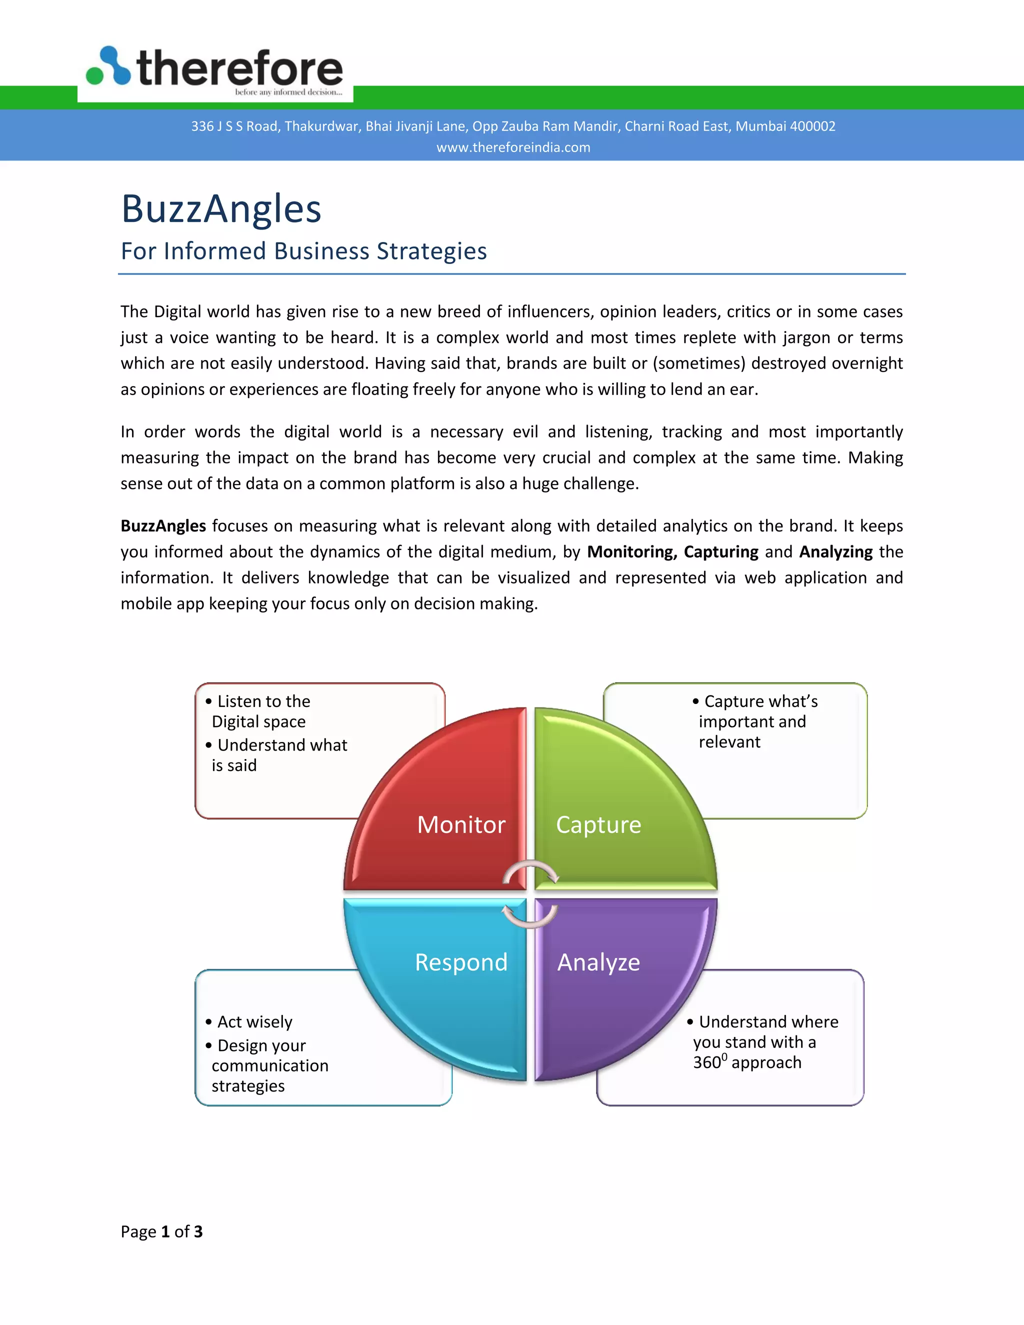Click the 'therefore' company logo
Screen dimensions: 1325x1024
click(215, 68)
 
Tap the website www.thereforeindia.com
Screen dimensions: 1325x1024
click(513, 147)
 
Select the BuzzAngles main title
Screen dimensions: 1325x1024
click(221, 208)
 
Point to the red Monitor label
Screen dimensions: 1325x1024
click(461, 825)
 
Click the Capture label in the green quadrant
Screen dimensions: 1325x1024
click(598, 825)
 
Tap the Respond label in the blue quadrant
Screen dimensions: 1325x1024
click(461, 962)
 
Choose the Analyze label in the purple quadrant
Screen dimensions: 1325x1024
click(598, 962)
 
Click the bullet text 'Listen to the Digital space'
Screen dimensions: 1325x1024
click(261, 711)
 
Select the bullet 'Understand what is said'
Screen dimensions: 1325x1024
click(279, 754)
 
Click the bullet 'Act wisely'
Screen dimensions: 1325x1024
click(255, 1022)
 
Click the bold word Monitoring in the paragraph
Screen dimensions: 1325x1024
click(631, 552)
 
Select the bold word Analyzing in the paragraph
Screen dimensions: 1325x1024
click(836, 552)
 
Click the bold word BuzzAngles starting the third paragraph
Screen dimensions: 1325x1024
click(163, 526)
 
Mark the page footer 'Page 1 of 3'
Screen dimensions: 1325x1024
click(161, 1231)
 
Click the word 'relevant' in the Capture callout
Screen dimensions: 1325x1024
click(729, 742)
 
